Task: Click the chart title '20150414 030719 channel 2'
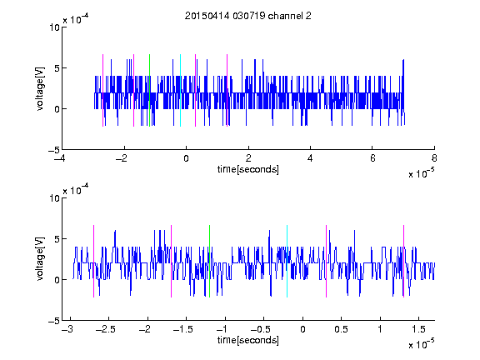coord(248,16)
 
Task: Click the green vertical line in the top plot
coord(149,90)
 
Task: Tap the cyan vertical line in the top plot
coord(180,90)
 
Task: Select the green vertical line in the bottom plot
coord(209,261)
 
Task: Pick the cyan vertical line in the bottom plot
coord(287,261)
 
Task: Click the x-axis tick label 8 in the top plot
coord(434,158)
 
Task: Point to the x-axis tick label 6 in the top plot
coord(372,158)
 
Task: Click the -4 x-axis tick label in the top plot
coord(60,158)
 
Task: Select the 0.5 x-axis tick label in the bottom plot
coord(341,329)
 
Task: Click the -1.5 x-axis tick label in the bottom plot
coord(182,329)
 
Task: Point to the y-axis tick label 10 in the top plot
coord(54,27)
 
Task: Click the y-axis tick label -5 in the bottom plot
coord(54,321)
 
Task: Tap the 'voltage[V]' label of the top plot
coord(40,88)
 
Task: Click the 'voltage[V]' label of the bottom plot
coord(40,259)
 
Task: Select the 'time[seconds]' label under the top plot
coord(248,169)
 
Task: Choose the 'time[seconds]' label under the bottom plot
coord(248,340)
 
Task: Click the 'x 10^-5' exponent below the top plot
coord(421,173)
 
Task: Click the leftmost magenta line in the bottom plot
coord(93,261)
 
